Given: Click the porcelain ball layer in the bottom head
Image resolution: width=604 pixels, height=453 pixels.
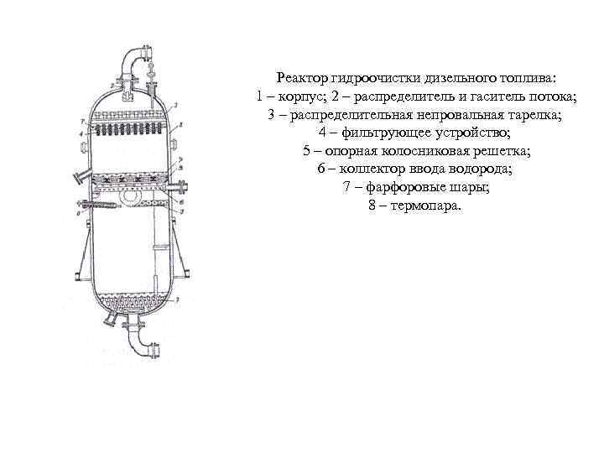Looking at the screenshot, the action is click(x=130, y=301).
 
